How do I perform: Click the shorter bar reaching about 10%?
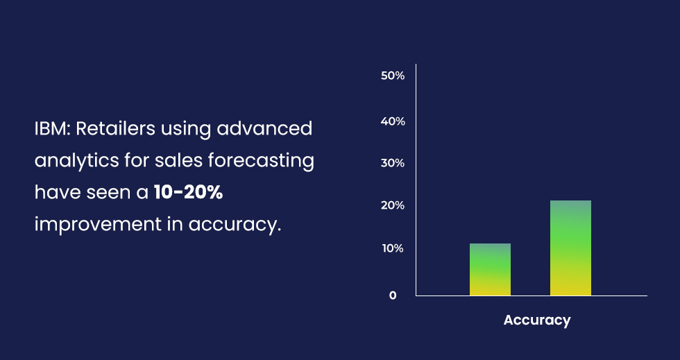pos(490,269)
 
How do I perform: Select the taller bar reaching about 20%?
pos(570,248)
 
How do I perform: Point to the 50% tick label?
pos(393,76)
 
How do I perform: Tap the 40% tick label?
pos(393,121)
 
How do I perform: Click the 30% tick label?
pos(393,163)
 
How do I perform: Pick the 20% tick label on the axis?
pos(393,205)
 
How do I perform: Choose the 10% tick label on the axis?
pos(393,248)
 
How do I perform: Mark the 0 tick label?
pos(393,295)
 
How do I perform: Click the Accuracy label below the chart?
pos(537,320)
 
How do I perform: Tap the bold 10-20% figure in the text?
pos(188,193)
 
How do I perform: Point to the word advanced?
pos(264,129)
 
